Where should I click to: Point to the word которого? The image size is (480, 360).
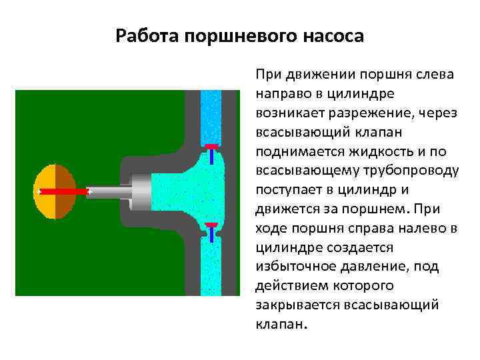pos(361,285)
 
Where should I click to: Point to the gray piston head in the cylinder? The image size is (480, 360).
pos(143,191)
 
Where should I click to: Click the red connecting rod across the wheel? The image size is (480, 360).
pos(64,191)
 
